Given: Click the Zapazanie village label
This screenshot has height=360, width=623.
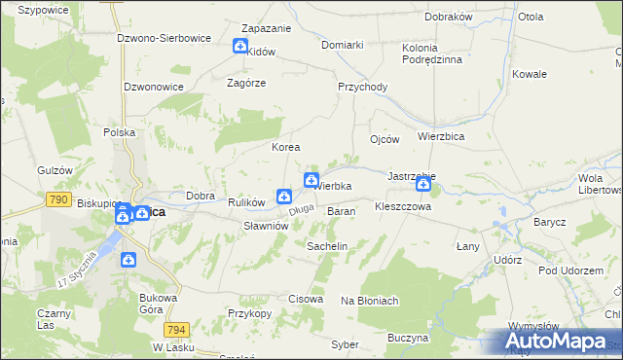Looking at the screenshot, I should tap(253, 29).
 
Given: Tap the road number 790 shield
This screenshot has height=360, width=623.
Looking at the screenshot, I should tap(56, 199).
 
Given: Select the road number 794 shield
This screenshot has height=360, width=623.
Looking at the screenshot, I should tap(176, 329).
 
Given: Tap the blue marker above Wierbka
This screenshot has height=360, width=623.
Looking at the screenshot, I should tap(311, 179).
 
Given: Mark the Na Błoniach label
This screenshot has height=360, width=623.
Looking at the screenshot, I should tap(370, 301).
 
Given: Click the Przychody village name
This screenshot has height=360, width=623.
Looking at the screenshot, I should tap(362, 87).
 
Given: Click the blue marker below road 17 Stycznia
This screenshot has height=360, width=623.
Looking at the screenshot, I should tap(128, 260).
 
